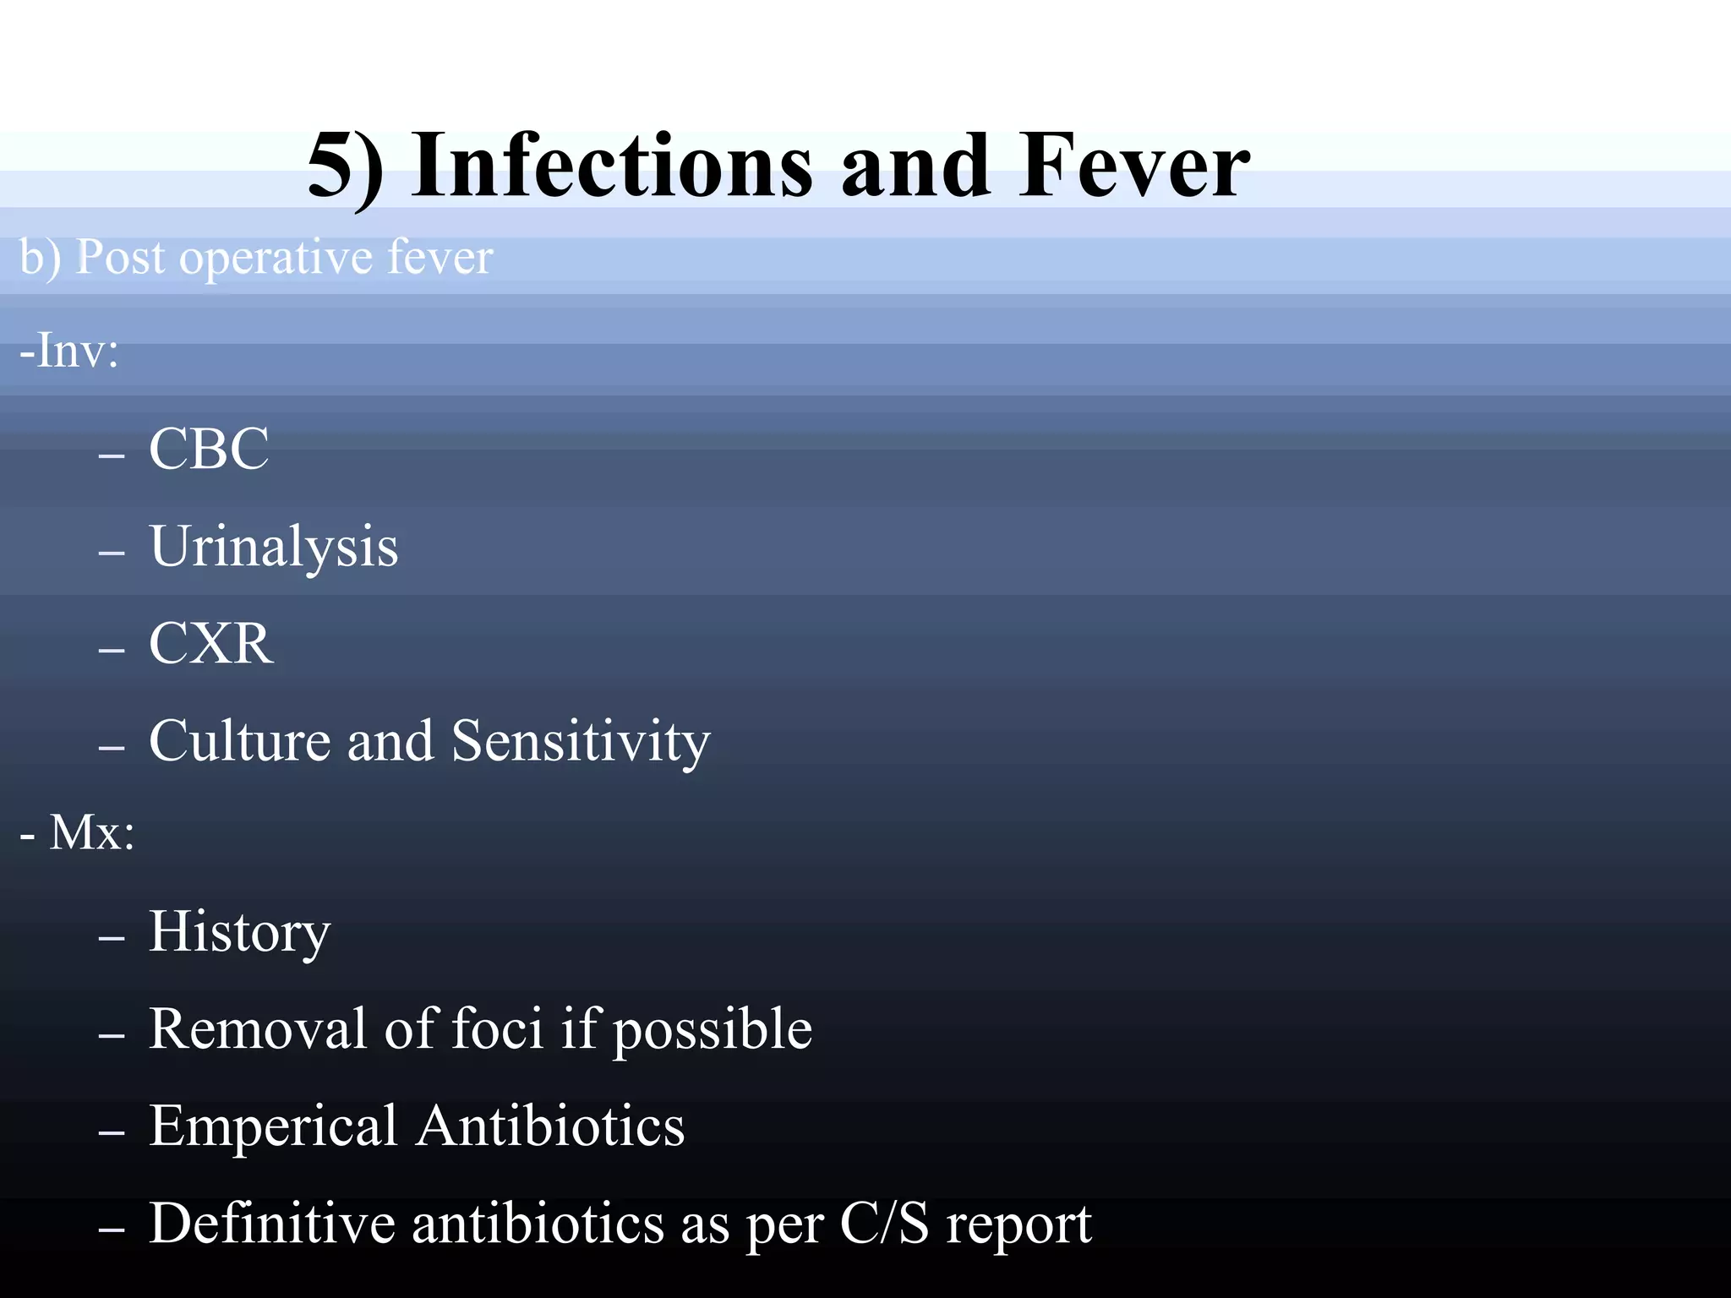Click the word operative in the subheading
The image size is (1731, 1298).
tap(276, 258)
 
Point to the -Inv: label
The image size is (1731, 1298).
tap(69, 350)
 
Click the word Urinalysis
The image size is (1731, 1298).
tap(274, 547)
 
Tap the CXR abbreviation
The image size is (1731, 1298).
tap(211, 644)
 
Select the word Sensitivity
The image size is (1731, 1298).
tap(581, 741)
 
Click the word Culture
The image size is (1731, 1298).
tap(239, 741)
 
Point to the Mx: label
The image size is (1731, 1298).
tap(91, 832)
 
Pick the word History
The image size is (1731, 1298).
tap(240, 932)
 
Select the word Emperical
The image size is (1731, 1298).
tap(272, 1126)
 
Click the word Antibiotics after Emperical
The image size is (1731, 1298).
tap(551, 1126)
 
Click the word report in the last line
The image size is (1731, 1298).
tap(1018, 1225)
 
